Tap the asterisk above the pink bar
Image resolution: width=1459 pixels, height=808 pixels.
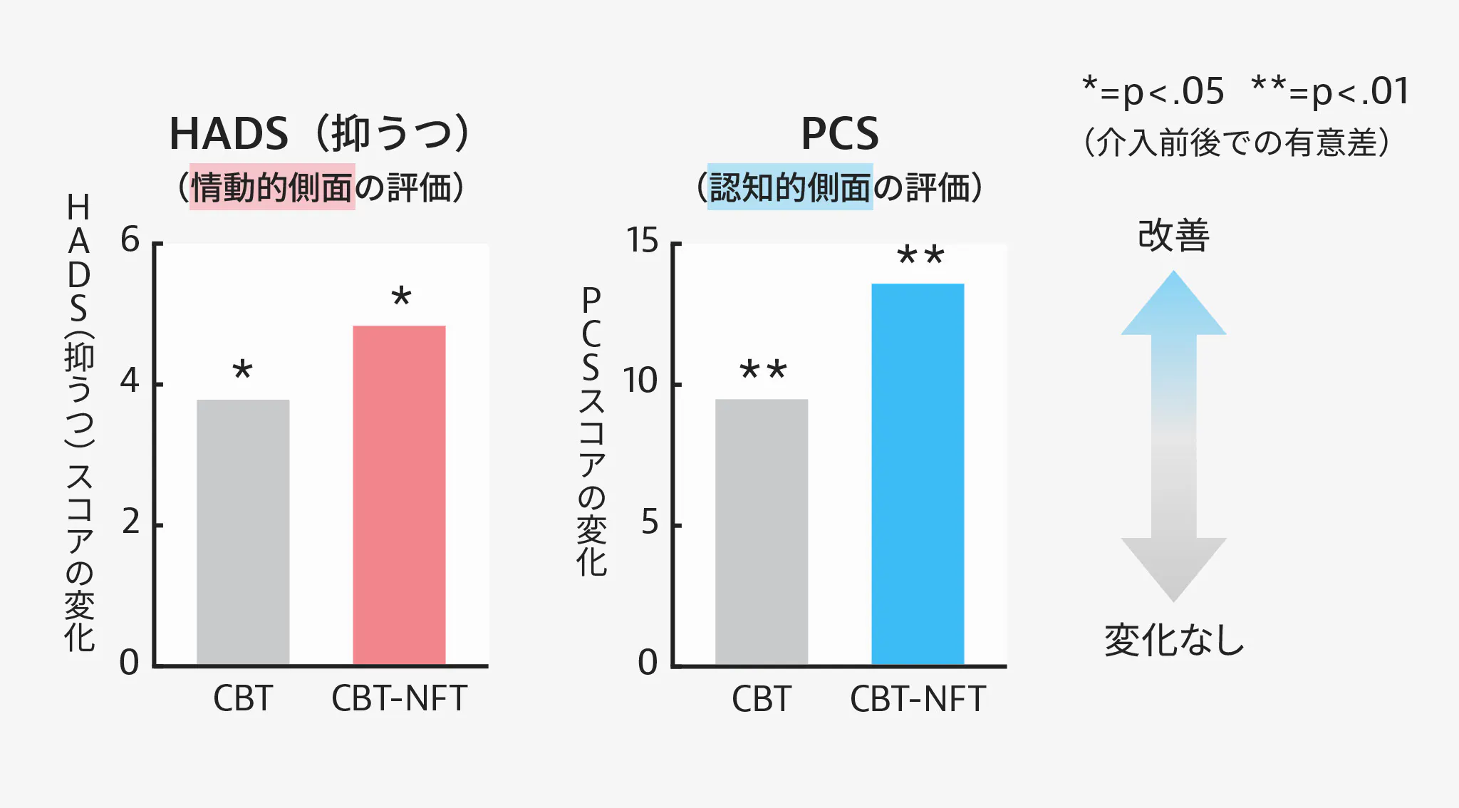[x=401, y=296]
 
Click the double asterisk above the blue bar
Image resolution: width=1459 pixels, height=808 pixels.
[x=920, y=256]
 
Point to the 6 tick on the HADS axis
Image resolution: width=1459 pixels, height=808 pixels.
[x=130, y=240]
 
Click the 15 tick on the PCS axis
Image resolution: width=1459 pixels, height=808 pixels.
[x=643, y=241]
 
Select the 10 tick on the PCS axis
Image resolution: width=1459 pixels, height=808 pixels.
[x=640, y=381]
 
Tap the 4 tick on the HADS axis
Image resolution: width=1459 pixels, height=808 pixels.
[x=130, y=381]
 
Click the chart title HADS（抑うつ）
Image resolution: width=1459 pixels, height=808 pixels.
[x=320, y=133]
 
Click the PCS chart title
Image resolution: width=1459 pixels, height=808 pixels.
[x=840, y=133]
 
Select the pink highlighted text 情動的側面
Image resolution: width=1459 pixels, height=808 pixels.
[x=272, y=187]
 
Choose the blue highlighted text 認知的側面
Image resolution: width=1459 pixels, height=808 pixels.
[x=790, y=187]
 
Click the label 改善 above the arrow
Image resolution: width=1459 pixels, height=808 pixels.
[x=1173, y=235]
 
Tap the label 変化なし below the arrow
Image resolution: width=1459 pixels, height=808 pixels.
[x=1173, y=640]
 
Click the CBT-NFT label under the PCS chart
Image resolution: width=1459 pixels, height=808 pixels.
[x=918, y=699]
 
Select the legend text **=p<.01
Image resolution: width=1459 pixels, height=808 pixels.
[x=1330, y=92]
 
